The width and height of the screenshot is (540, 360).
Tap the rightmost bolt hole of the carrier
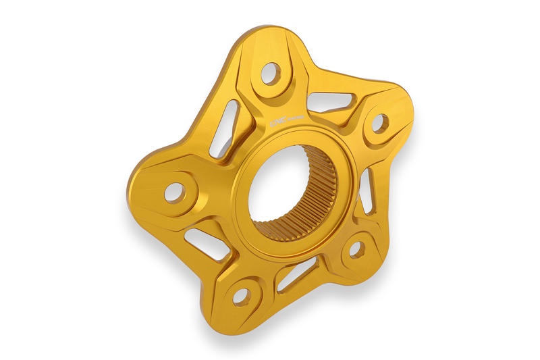point(379,123)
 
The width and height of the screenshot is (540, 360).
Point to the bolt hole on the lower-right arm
point(356,249)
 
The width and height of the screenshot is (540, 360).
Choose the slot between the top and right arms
point(329,101)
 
